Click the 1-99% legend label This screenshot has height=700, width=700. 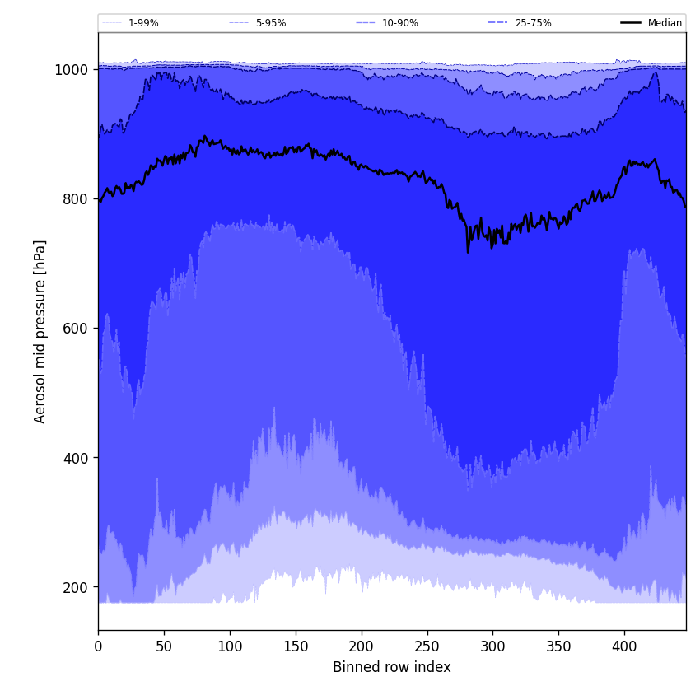[x=143, y=23]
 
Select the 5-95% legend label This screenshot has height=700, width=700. [x=271, y=23]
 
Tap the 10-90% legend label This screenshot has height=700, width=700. [x=399, y=23]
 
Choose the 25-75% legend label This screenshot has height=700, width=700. [x=533, y=23]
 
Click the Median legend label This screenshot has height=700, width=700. [x=665, y=23]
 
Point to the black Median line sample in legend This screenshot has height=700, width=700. [x=631, y=23]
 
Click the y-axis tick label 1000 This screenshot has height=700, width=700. [x=72, y=70]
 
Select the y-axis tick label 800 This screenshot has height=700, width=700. [x=76, y=199]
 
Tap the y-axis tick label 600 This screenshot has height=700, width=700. [x=76, y=329]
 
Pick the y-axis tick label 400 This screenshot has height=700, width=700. [x=76, y=458]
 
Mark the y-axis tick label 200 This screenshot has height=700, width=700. [x=76, y=587]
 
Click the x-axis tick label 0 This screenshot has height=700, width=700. [x=98, y=647]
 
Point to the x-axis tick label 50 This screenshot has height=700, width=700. [x=164, y=647]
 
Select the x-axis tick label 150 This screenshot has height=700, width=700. [x=296, y=647]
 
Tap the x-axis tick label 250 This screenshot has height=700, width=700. [x=427, y=647]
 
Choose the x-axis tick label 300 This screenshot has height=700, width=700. [x=492, y=647]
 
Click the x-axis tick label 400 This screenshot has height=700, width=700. [x=624, y=647]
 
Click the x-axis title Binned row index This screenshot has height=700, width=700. [x=392, y=668]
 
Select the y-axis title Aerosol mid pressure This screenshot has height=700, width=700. [x=40, y=331]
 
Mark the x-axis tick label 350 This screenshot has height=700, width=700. [x=558, y=647]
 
